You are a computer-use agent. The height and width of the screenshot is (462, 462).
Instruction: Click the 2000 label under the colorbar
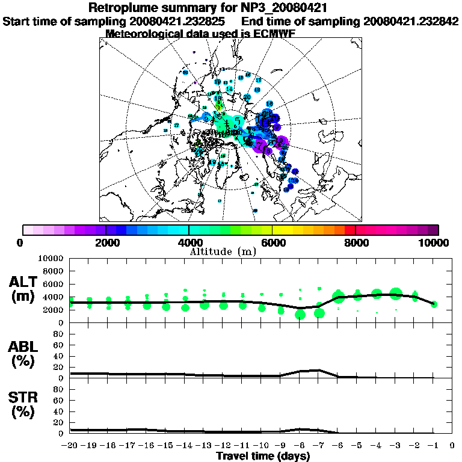point(106,242)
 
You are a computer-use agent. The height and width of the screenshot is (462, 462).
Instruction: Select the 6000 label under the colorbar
point(272,242)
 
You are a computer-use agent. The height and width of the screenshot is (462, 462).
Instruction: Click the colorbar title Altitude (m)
point(230,251)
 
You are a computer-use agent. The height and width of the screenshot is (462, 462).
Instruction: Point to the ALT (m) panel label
point(25,288)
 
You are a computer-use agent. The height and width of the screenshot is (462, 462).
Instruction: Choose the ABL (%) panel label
point(25,354)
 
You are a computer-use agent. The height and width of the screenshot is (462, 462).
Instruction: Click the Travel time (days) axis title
point(263,457)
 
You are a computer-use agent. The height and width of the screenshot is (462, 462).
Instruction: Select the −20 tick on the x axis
point(71,446)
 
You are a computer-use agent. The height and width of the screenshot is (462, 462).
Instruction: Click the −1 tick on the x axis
point(433,446)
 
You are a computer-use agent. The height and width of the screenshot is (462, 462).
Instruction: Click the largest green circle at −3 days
point(396,294)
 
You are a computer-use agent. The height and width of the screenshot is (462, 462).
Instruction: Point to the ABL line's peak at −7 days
point(319,370)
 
